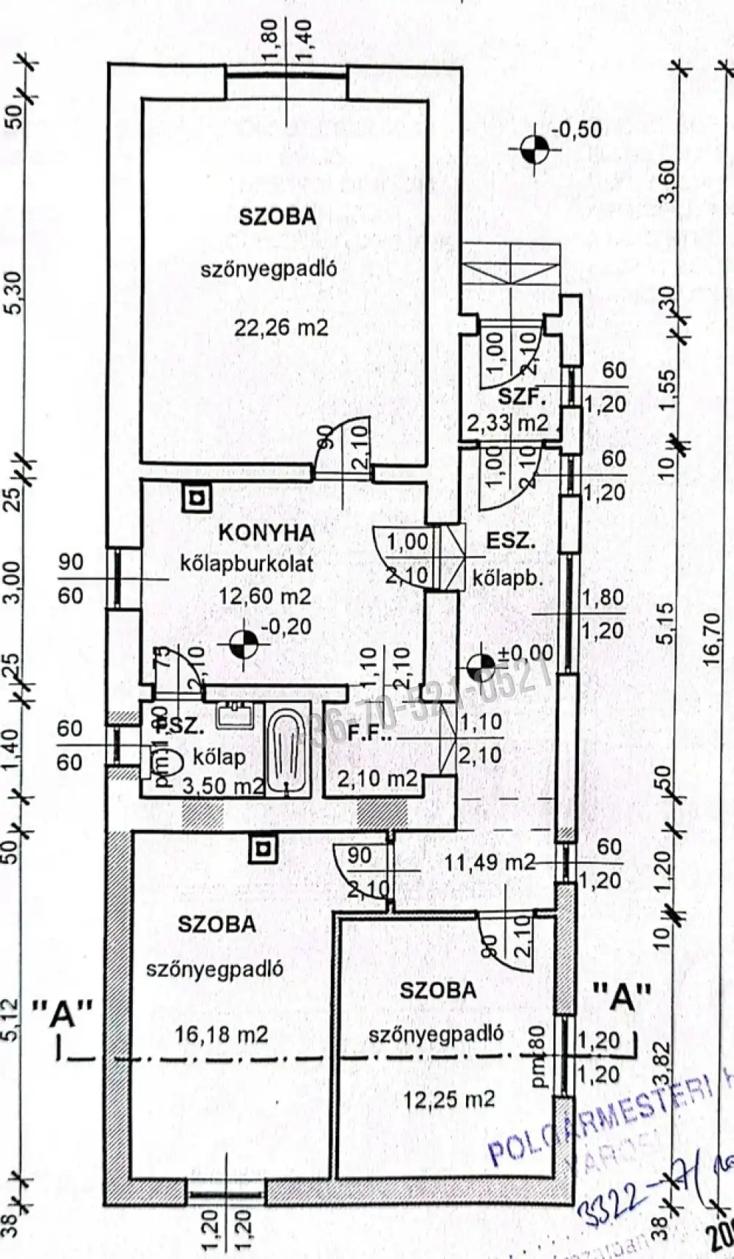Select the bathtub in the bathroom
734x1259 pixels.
pyautogui.click(x=286, y=745)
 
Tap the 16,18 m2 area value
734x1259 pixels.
pyautogui.click(x=222, y=1035)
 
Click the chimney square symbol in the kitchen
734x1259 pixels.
pyautogui.click(x=196, y=499)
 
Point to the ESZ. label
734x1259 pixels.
pyautogui.click(x=511, y=542)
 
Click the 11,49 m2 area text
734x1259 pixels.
pyautogui.click(x=490, y=862)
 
